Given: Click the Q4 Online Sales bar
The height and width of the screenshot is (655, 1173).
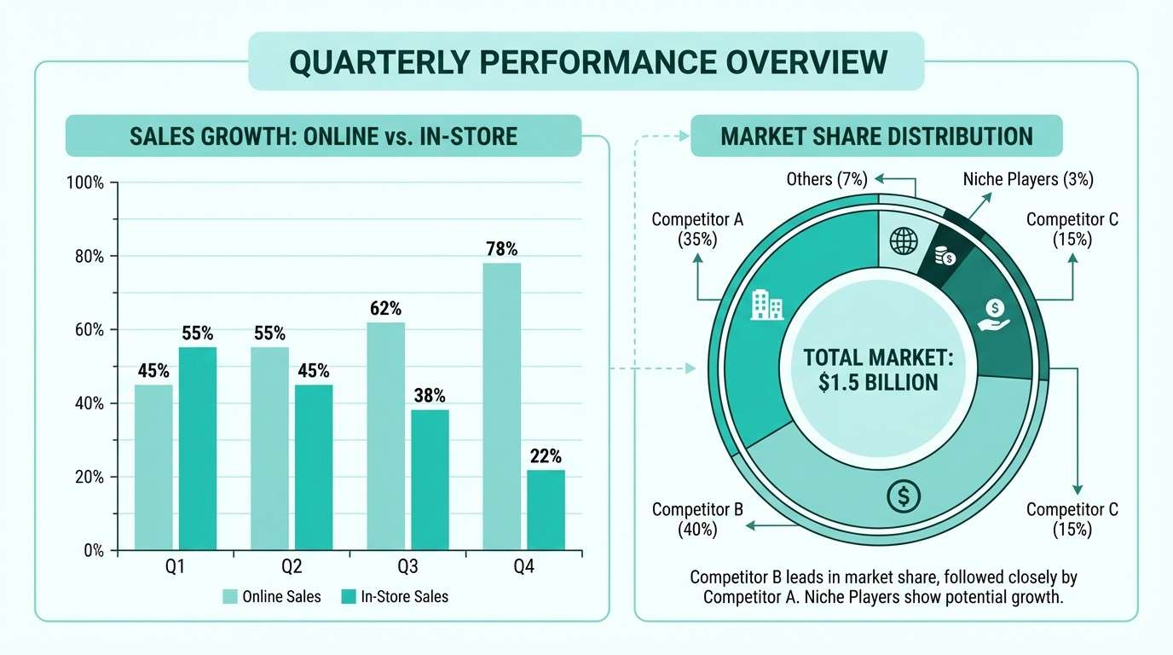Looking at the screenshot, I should [x=501, y=406].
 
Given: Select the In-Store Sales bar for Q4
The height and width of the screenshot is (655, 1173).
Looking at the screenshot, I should [x=546, y=509].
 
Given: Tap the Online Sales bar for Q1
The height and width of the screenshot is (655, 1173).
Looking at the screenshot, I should [x=153, y=467].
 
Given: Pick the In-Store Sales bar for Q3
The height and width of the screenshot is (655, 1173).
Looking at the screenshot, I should [x=430, y=479].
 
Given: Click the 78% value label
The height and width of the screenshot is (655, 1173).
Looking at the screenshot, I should [x=502, y=250].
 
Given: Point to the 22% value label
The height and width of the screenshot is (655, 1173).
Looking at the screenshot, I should [x=546, y=456].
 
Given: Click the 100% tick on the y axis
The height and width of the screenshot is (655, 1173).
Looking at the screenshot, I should [x=85, y=183].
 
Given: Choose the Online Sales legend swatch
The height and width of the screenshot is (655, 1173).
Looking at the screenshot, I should [x=230, y=597].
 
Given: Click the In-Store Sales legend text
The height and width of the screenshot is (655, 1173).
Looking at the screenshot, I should [x=404, y=597].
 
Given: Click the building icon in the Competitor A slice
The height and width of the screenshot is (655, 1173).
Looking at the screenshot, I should [x=766, y=304].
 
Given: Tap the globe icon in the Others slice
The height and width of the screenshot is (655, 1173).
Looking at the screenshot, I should [x=902, y=241].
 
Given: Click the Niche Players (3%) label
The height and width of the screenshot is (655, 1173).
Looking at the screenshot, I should [x=1028, y=179].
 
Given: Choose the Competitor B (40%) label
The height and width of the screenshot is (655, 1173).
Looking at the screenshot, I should [x=697, y=519].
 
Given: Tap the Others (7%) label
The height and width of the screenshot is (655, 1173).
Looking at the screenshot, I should [x=826, y=179].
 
